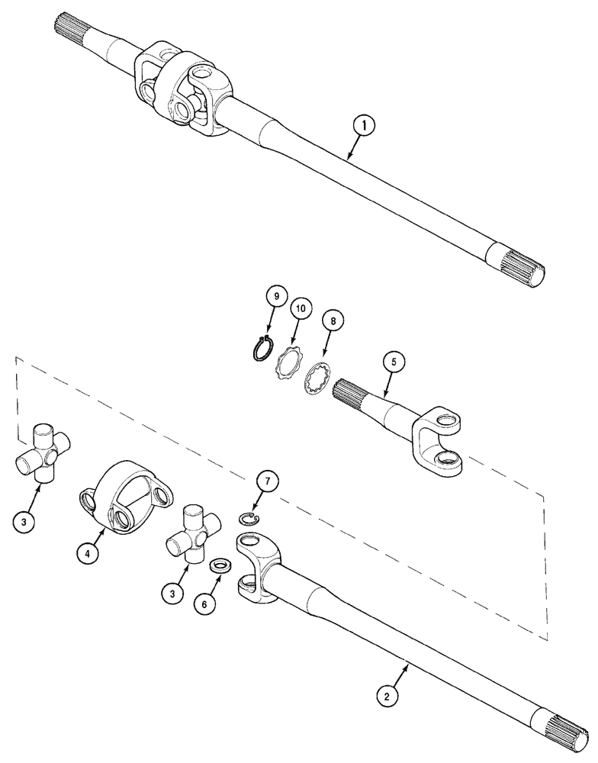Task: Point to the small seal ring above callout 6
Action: click(220, 565)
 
